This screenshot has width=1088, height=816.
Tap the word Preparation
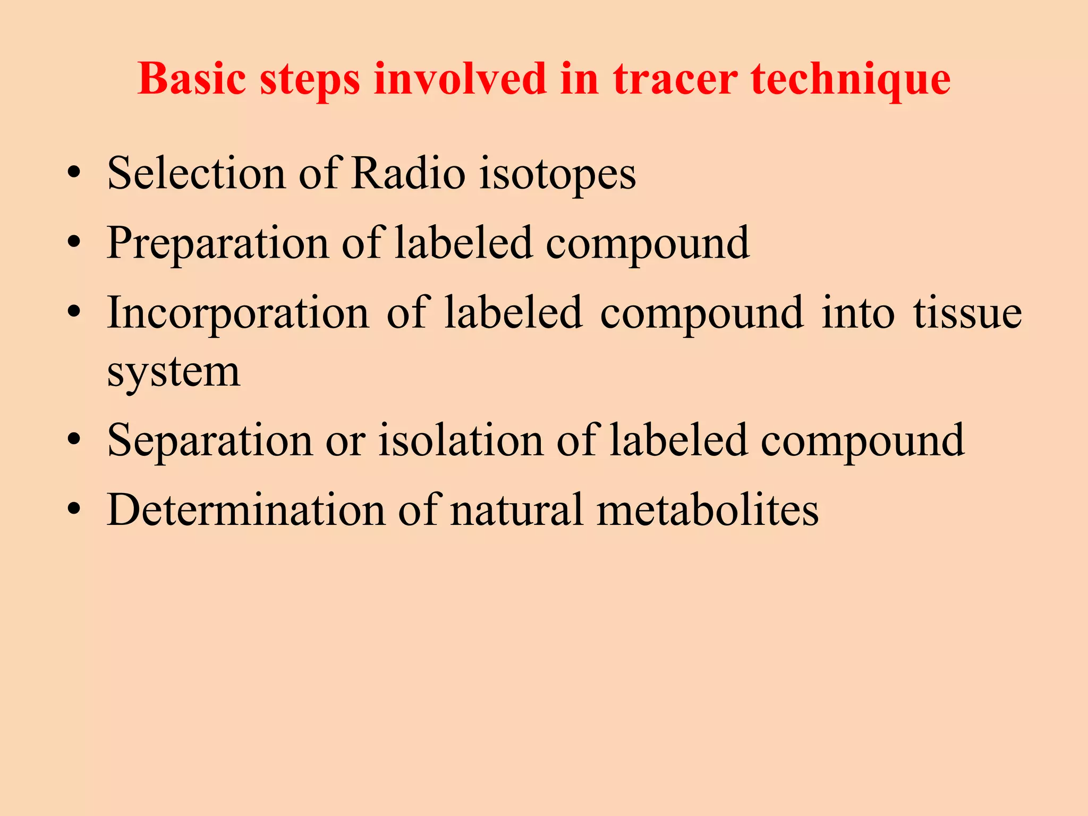218,244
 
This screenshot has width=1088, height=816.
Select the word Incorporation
237,314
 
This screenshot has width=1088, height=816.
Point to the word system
173,373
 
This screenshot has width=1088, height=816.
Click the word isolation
460,440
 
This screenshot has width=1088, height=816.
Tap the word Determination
246,510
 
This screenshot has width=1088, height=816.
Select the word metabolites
707,510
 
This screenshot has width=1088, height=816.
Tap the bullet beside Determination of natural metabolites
74,509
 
